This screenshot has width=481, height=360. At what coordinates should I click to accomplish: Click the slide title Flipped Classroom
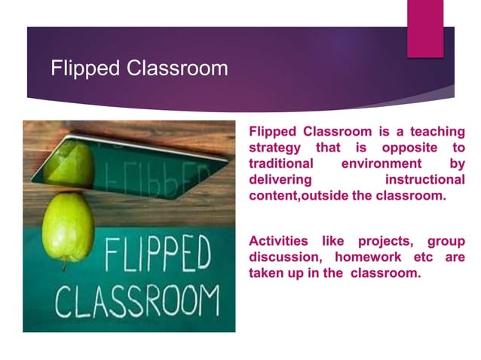point(139,69)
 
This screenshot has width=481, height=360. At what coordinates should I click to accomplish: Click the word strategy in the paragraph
point(274,147)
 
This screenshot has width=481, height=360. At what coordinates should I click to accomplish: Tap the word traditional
point(280,163)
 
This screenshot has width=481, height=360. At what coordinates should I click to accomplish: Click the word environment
point(381,163)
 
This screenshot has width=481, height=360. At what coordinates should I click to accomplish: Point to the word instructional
point(424,180)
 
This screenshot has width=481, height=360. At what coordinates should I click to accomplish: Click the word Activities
point(278,241)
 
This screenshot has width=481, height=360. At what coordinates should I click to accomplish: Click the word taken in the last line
point(267,273)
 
